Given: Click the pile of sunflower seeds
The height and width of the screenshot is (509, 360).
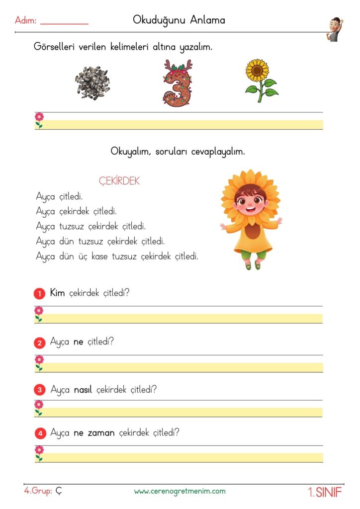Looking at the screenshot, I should tap(93, 83).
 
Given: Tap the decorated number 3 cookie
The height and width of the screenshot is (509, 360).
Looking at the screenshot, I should tap(177, 83).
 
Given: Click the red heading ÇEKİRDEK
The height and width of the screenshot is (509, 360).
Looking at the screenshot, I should tap(119, 181).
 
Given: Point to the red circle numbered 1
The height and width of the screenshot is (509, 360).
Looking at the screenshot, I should tap(40, 294).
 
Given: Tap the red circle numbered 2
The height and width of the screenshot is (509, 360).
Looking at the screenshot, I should tap(40, 343).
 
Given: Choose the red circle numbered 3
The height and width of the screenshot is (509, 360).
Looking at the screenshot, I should tap(40, 390).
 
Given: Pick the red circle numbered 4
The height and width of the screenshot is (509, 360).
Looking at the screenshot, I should tap(40, 433).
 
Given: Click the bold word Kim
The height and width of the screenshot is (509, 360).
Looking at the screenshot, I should tap(58, 293).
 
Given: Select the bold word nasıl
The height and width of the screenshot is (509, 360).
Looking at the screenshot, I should tap(84, 390).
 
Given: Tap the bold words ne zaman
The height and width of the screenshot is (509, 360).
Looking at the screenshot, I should tap(94, 433).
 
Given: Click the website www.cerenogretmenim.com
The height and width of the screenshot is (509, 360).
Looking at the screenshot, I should tap(180, 491).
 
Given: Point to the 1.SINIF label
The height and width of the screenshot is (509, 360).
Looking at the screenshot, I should tap(325, 492).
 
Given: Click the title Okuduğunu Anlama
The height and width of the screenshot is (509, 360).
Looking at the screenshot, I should tap(179, 20).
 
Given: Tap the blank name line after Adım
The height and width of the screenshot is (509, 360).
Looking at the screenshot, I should tap(64, 23).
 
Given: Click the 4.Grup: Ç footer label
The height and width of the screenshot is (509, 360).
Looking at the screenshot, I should tap(43, 491).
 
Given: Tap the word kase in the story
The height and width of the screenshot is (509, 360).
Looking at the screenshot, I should tap(93, 257).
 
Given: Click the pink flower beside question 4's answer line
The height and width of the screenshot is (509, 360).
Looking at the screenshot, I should tap(39, 452).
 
